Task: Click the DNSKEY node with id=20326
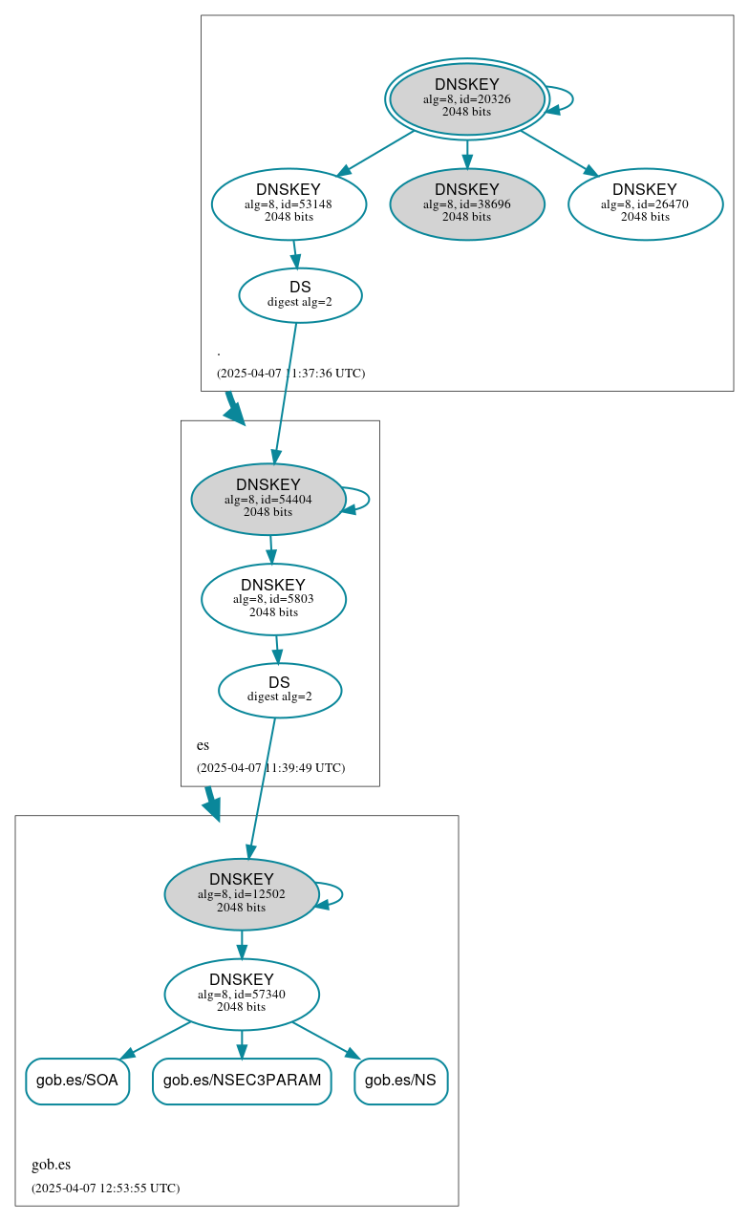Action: (466, 98)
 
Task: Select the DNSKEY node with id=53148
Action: (289, 203)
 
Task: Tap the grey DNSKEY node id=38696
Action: (466, 203)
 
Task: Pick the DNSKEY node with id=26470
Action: (645, 203)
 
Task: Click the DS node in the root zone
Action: (300, 295)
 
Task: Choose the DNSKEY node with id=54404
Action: (267, 499)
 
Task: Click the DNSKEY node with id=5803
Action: (273, 599)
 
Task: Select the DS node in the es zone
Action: (279, 690)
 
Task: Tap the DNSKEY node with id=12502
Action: (241, 894)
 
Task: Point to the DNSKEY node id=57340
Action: (241, 995)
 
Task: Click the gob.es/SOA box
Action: (77, 1081)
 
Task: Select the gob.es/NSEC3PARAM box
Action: (242, 1081)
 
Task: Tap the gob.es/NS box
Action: (400, 1081)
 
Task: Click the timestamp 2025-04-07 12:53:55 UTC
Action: (105, 1189)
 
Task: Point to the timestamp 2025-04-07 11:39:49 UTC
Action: (270, 768)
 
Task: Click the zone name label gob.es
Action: (51, 1165)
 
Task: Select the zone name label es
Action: (203, 745)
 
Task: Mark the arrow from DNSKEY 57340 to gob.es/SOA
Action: (158, 1039)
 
